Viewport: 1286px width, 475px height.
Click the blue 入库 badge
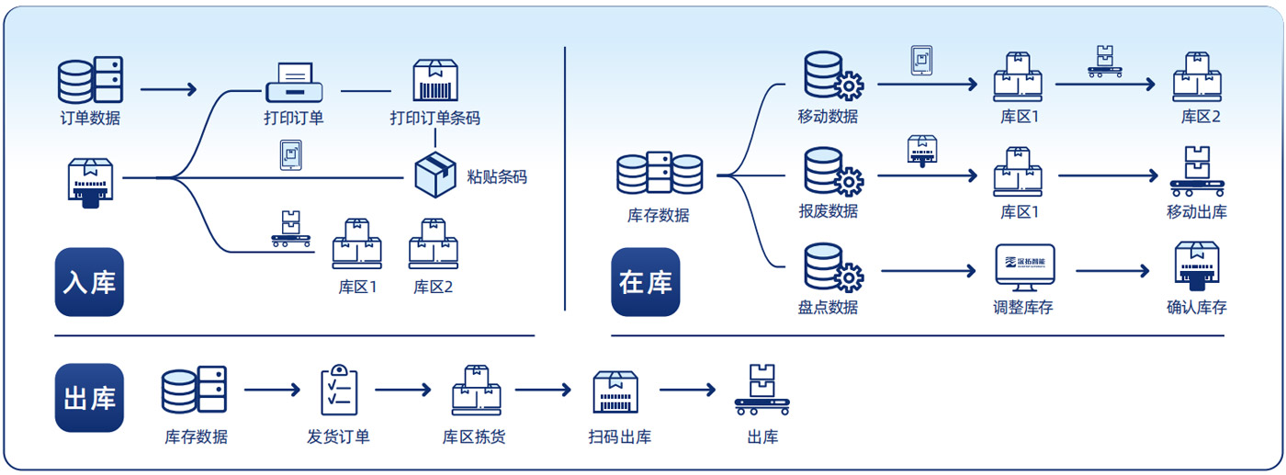[x=89, y=282]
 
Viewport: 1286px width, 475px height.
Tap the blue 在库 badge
[x=645, y=282]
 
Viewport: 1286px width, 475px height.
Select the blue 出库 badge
[x=89, y=398]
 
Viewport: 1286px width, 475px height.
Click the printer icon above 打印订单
[x=293, y=82]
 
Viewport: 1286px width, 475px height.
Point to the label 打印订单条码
[x=434, y=118]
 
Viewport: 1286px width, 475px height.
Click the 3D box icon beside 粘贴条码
[x=435, y=173]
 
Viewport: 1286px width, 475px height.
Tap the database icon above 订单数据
[x=90, y=80]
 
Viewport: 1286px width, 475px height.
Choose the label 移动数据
[x=828, y=117]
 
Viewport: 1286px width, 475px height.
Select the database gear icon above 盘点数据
[x=832, y=267]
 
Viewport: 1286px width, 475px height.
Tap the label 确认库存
[x=1196, y=307]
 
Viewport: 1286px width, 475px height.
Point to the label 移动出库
[x=1196, y=212]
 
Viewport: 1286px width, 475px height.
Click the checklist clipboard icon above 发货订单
[x=339, y=390]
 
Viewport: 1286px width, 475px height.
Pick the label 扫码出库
[x=620, y=436]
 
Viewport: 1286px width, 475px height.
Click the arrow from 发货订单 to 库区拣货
[x=402, y=390]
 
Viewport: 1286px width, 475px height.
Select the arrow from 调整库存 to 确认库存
[x=1111, y=271]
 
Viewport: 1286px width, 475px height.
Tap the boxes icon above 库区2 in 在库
[x=1197, y=77]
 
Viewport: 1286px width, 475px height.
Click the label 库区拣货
[x=474, y=436]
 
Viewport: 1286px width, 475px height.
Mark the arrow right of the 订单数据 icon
[x=168, y=90]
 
